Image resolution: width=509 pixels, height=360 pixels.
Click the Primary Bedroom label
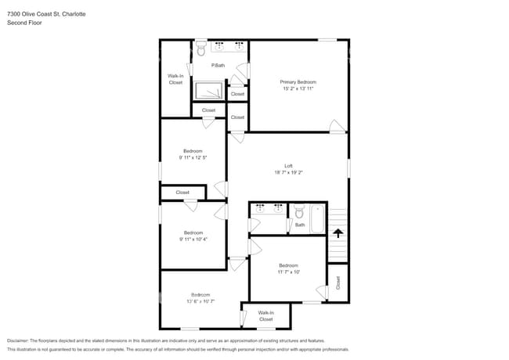[x=298, y=81]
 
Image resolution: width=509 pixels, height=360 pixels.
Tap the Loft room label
[x=288, y=166]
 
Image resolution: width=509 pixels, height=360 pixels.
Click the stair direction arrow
[x=338, y=232]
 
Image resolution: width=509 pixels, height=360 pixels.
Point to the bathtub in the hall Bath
[x=317, y=218]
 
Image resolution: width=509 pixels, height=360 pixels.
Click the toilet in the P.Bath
[x=200, y=51]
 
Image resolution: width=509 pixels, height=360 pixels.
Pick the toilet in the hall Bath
[x=299, y=212]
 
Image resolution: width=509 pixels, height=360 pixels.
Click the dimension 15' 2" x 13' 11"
[x=298, y=88]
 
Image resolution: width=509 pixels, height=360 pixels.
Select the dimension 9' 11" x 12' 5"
[x=193, y=157]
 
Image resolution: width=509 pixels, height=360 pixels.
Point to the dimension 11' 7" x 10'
[x=288, y=272]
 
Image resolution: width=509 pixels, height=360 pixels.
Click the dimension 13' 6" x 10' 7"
[x=200, y=301]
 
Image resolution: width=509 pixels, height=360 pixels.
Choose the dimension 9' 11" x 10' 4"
[x=193, y=239]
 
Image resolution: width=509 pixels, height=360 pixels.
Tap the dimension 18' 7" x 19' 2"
[x=288, y=173]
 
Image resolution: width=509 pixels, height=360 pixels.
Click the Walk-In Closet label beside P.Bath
[x=175, y=79]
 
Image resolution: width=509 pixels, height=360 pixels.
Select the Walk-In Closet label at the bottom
[x=266, y=316]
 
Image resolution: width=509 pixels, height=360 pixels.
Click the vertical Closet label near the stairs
[x=338, y=283]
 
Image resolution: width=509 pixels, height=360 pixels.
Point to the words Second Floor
[x=24, y=23]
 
